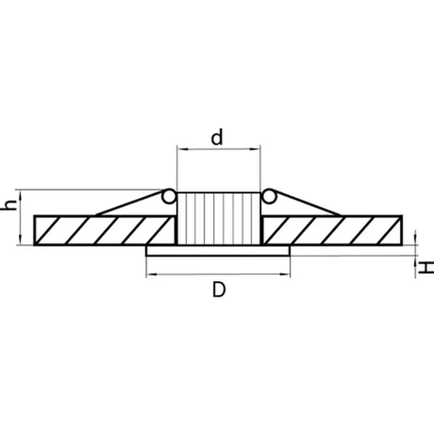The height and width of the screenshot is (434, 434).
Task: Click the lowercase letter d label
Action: pos(217,138)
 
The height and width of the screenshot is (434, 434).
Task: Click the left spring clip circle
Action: pos(169,196)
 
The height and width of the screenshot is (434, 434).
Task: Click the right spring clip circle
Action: pos(269,196)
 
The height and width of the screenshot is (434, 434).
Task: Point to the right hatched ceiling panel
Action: pos(332,230)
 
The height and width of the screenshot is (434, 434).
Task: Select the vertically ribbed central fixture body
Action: pos(219,219)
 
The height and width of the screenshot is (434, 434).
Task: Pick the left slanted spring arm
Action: pos(129,203)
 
